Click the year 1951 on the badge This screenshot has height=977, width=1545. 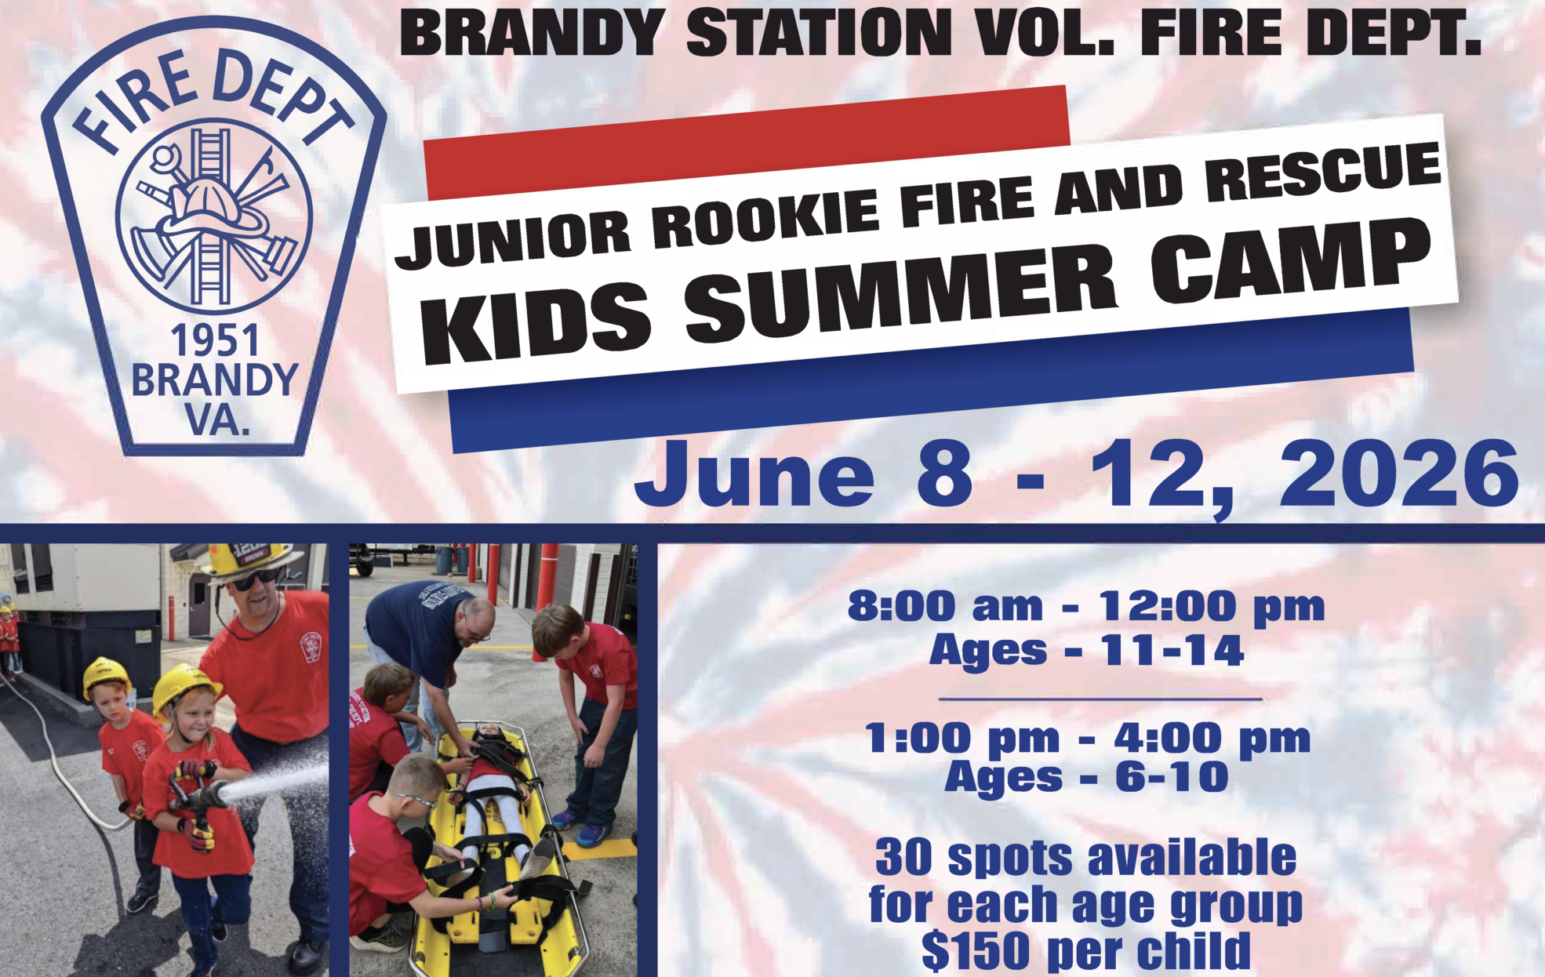pos(215,341)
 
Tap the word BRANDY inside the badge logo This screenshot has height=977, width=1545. pos(214,380)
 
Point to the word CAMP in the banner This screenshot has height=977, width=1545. pos(1290,262)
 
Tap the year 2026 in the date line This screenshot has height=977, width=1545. pos(1398,474)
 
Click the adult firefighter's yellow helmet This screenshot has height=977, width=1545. pos(250,559)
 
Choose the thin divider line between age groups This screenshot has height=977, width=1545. pos(1100,698)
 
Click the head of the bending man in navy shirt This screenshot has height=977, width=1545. pos(474,623)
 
